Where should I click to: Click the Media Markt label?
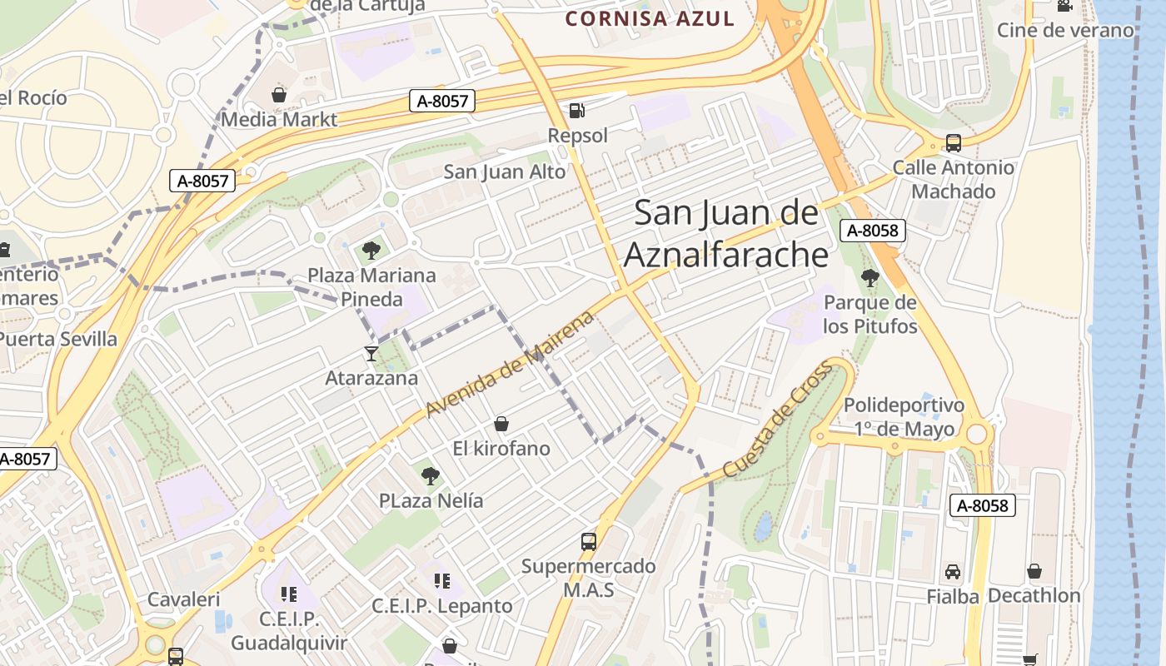pos(279,119)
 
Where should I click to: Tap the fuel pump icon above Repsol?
pos(576,110)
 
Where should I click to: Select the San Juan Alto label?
pos(504,172)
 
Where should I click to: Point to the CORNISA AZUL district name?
pos(650,18)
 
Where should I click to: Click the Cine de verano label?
pos(1065,31)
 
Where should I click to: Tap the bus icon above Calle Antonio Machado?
pos(954,143)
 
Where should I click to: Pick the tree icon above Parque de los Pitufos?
pos(870,278)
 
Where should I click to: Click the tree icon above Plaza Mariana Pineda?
pos(371,250)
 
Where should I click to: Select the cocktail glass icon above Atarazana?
pos(371,354)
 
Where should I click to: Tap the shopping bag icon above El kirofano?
pos(501,425)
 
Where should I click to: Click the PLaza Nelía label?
pos(431,501)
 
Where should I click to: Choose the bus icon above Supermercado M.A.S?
pos(589,542)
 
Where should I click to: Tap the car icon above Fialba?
pos(953,572)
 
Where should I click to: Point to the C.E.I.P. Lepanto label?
pos(441,606)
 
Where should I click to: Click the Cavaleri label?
pos(183,599)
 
